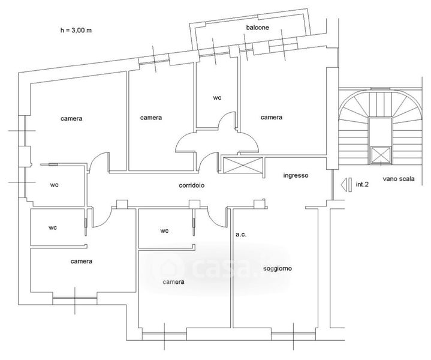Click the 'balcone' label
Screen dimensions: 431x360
[x=257, y=28]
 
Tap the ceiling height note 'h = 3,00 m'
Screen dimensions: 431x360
[x=76, y=30]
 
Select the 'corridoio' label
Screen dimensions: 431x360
[x=192, y=185]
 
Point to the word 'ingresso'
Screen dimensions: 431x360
[x=296, y=175]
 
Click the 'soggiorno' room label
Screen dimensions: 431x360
[x=278, y=269]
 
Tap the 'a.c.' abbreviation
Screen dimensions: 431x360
[x=241, y=235]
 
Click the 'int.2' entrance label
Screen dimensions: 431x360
[x=362, y=184]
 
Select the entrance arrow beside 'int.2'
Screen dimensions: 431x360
[x=346, y=185]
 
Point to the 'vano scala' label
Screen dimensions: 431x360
[x=399, y=179]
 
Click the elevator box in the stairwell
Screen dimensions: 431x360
[x=381, y=155]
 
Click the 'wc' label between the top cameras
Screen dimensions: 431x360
[x=217, y=98]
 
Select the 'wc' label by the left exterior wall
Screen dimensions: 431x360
[x=55, y=185]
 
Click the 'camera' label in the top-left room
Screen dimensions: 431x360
[x=71, y=119]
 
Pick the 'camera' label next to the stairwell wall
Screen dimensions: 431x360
[x=272, y=117]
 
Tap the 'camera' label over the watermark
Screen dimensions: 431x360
[x=173, y=282]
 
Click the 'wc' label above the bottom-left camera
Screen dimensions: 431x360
[x=53, y=227]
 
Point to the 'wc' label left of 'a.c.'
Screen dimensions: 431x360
[x=164, y=230]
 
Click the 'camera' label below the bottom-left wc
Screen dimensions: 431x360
[x=82, y=261]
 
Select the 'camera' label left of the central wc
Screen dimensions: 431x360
[x=151, y=118]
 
